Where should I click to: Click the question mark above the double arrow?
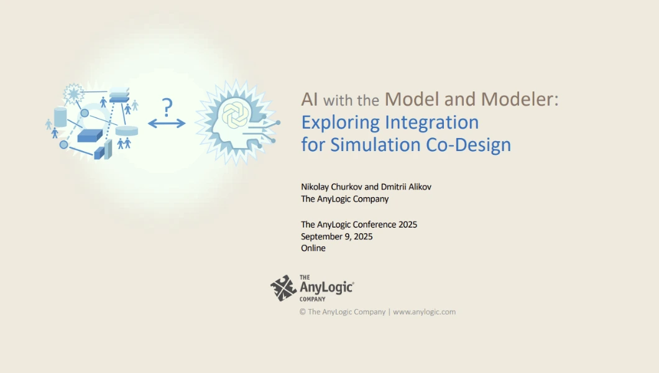[x=167, y=108]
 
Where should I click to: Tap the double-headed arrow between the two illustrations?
[x=167, y=123]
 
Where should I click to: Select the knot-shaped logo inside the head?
[x=236, y=114]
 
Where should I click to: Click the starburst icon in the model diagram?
[x=74, y=94]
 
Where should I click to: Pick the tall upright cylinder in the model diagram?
[x=60, y=117]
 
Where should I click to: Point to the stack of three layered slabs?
[x=119, y=95]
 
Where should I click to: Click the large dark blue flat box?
[x=90, y=136]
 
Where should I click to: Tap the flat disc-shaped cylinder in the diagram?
[x=127, y=131]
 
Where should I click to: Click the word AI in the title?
[x=310, y=99]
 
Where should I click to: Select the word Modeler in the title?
[x=520, y=99]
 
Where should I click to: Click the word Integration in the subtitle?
[x=432, y=122]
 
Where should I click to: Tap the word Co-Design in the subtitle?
[x=468, y=144]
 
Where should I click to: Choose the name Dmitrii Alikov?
[x=406, y=187]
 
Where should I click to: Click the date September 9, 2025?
[x=336, y=236]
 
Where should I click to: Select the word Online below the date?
[x=313, y=248]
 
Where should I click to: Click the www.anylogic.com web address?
[x=424, y=311]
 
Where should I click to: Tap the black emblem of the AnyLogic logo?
[x=283, y=288]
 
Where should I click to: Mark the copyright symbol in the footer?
[x=303, y=311]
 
